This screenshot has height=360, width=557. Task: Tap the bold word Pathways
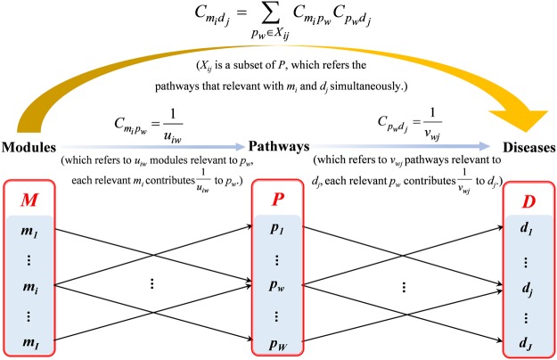[x=279, y=146]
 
